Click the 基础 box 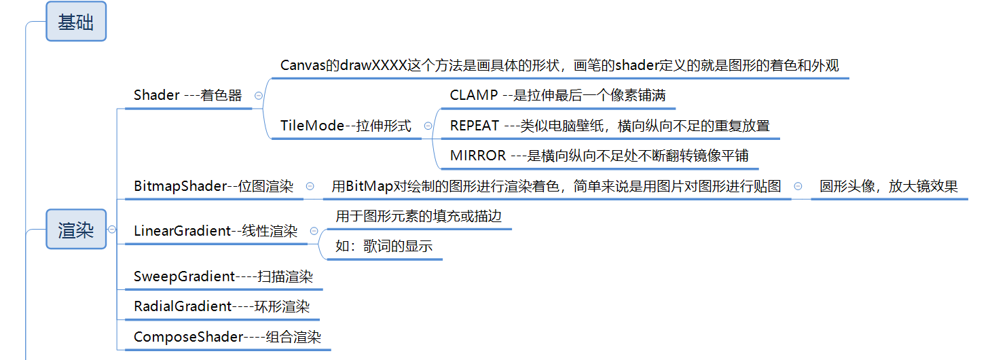[76, 21]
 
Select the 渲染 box [76, 229]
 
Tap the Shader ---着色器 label [187, 95]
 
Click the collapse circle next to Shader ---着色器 [258, 96]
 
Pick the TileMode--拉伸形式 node [346, 126]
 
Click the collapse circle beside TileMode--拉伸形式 [428, 126]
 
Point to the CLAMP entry [558, 95]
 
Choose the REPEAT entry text [610, 126]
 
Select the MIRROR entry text [599, 156]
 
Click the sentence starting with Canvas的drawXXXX [559, 65]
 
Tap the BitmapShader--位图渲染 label [213, 186]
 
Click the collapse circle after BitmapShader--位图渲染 [310, 186]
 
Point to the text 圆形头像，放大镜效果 [888, 186]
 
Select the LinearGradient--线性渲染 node [216, 231]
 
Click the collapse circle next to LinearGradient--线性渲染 [314, 231]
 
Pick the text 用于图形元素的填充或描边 [418, 216]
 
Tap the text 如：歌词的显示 [384, 246]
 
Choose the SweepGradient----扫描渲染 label [223, 276]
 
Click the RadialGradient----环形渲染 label [222, 306]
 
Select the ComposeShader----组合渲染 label [227, 337]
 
